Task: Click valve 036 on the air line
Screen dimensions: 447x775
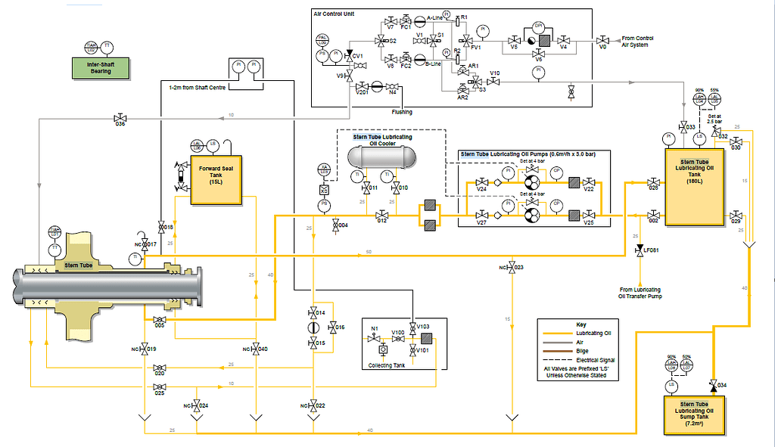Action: [x=120, y=119]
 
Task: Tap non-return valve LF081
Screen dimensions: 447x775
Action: [x=640, y=249]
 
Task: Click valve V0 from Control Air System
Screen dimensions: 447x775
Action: [x=603, y=39]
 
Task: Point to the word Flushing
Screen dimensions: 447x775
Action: [x=402, y=111]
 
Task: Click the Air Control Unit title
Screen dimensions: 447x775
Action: [x=334, y=14]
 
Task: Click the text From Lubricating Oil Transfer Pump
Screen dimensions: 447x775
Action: [x=640, y=293]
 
